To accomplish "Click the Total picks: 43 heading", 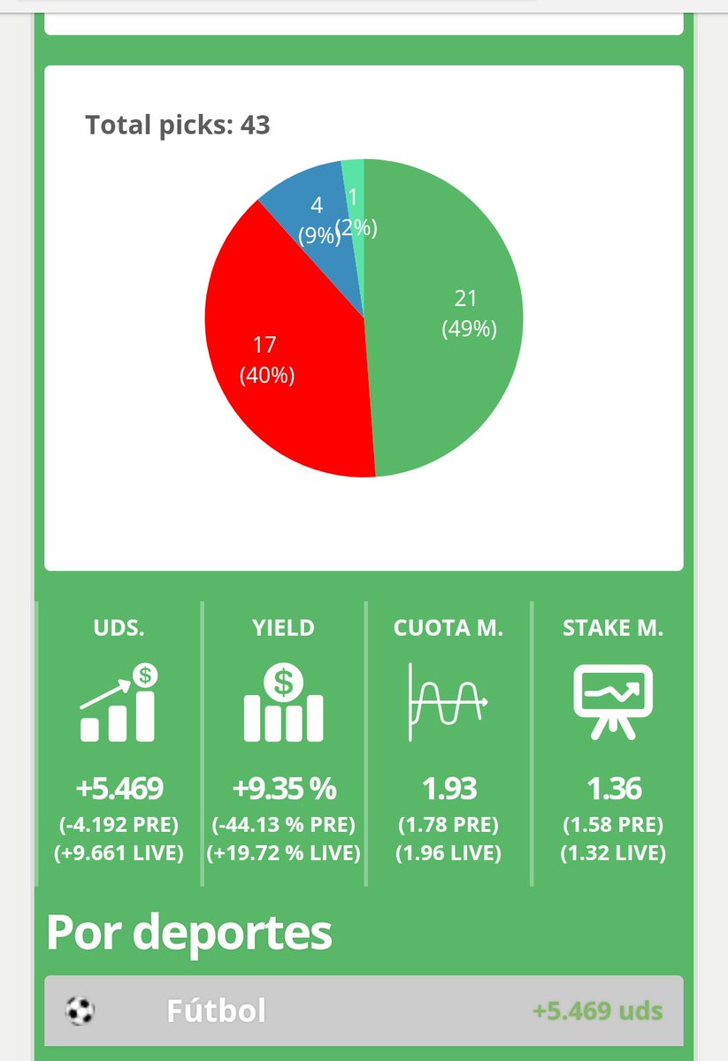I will (x=177, y=125).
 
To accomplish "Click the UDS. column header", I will (x=119, y=629).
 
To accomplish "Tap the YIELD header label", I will (x=283, y=629).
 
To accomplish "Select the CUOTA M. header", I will (x=448, y=629).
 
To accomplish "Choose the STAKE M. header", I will (x=613, y=629).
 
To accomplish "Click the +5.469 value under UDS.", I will (x=119, y=788).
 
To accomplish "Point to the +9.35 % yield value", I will (x=283, y=788).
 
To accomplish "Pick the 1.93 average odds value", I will (x=448, y=788).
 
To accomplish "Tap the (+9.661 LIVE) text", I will (x=119, y=853).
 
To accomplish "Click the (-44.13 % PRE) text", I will (x=283, y=825).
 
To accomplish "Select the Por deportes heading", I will (x=189, y=931).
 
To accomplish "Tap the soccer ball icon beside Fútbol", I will (x=80, y=1011).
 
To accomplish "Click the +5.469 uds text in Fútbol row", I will (x=597, y=1011).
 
